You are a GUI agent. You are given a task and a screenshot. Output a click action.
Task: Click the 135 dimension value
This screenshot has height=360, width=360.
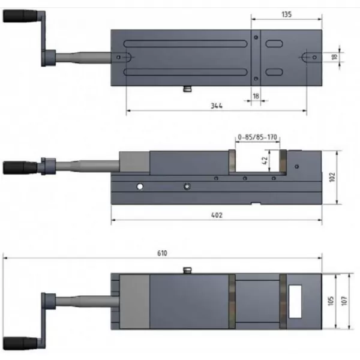click(286, 14)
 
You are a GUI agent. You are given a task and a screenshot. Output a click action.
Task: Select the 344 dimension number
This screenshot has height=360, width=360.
click(217, 106)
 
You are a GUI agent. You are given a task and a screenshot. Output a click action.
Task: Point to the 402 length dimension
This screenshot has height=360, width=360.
click(215, 215)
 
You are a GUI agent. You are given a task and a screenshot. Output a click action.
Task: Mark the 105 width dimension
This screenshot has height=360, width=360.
click(331, 301)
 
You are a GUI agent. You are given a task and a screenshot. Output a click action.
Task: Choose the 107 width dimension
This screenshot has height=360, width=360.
click(344, 301)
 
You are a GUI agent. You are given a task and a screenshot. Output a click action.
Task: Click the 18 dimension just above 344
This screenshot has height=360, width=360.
click(256, 95)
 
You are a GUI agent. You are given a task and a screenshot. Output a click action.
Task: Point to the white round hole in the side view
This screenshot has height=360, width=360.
click(140, 187)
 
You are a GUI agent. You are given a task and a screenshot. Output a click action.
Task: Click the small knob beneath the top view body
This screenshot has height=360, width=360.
click(187, 89)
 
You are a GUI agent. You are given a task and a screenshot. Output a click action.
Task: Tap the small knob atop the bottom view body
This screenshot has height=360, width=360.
click(187, 272)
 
